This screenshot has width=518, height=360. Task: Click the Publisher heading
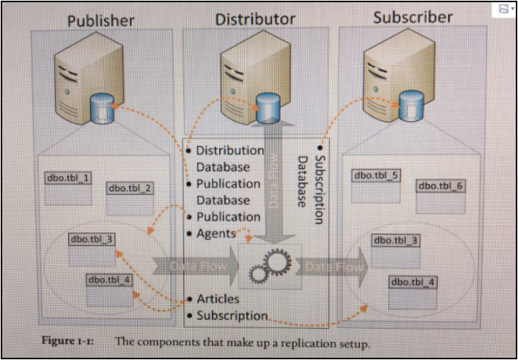pyautogui.click(x=101, y=20)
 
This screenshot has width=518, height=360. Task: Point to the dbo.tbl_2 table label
pyautogui.click(x=131, y=189)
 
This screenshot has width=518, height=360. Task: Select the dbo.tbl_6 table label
pyautogui.click(x=441, y=185)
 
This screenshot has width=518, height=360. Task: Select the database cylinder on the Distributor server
pyautogui.click(x=267, y=108)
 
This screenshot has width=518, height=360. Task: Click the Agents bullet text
pyautogui.click(x=216, y=234)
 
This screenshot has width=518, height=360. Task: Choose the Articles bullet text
pyautogui.click(x=218, y=299)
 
